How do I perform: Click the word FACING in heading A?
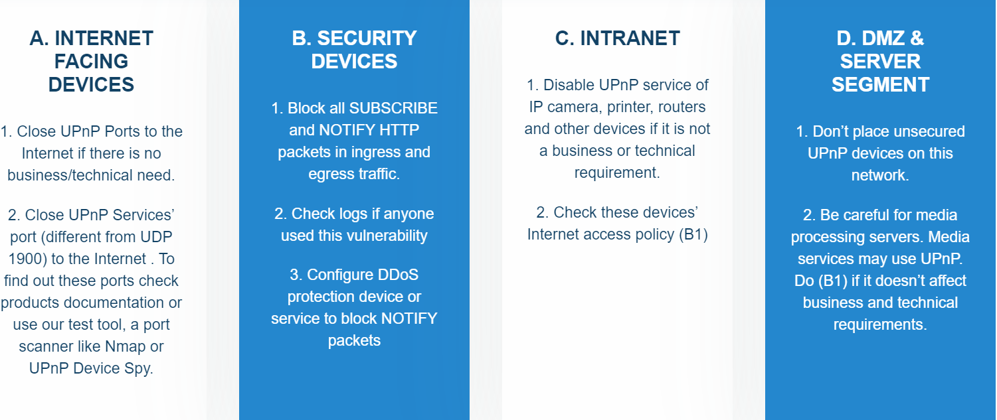tap(91, 62)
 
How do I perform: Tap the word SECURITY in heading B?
tap(367, 38)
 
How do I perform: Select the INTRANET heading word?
tap(630, 38)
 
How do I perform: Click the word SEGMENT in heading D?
tap(880, 85)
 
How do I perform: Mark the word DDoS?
tap(395, 275)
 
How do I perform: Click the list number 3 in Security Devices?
tap(294, 275)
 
